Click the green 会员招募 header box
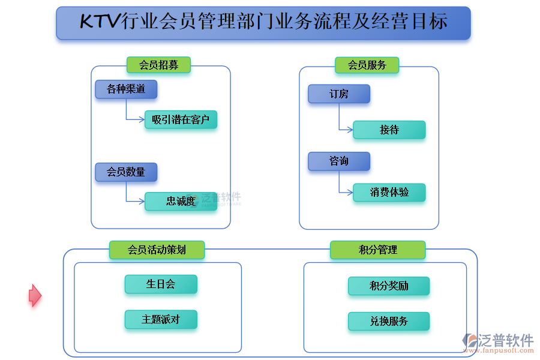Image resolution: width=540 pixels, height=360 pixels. tap(158, 65)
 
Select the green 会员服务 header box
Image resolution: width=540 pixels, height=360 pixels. tap(367, 65)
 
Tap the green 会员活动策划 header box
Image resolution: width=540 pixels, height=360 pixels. tap(157, 250)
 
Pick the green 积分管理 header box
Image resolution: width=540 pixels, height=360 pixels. tap(377, 250)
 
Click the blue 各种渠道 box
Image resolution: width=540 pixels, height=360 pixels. tap(126, 89)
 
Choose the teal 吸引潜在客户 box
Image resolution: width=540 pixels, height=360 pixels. tap(181, 120)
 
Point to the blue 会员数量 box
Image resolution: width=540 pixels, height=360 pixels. tap(126, 172)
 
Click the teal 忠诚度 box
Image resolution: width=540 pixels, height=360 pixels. tap(181, 201)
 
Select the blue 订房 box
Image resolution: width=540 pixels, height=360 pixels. tap(339, 94)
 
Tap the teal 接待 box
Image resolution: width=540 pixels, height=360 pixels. tap(389, 130)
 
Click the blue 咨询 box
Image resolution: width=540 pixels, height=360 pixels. tap(339, 161)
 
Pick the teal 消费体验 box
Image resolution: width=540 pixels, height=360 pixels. tap(389, 192)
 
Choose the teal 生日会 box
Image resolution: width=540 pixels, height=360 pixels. tap(161, 284)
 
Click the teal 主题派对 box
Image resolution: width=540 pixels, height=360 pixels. tap(161, 319)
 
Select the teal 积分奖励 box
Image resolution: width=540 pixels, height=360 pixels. tap(389, 286)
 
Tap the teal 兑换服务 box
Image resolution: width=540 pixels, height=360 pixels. tap(389, 321)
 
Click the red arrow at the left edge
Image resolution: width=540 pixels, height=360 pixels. tap(35, 295)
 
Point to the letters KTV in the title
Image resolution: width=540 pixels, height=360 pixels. tap(100, 23)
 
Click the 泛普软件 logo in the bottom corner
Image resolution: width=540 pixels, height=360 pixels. tap(498, 343)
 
